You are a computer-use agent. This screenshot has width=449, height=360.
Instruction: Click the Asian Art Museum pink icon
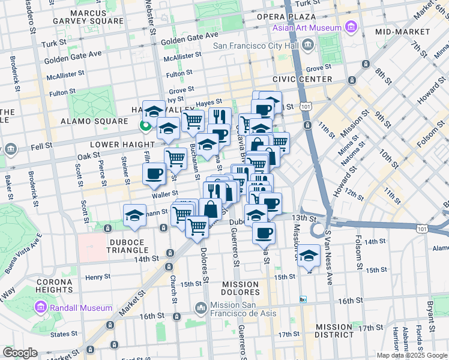pos(351,27)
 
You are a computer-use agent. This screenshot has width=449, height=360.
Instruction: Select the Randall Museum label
pos(82,308)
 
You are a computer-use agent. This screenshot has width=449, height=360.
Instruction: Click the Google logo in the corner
pos(20,353)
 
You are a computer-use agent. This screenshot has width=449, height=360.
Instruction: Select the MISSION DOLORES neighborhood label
pos(241,288)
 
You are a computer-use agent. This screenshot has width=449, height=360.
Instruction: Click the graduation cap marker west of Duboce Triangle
pos(134,215)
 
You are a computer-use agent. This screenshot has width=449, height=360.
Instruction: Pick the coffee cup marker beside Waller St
pos(154,174)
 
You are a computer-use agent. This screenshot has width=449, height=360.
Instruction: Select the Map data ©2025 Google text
pos(412,355)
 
